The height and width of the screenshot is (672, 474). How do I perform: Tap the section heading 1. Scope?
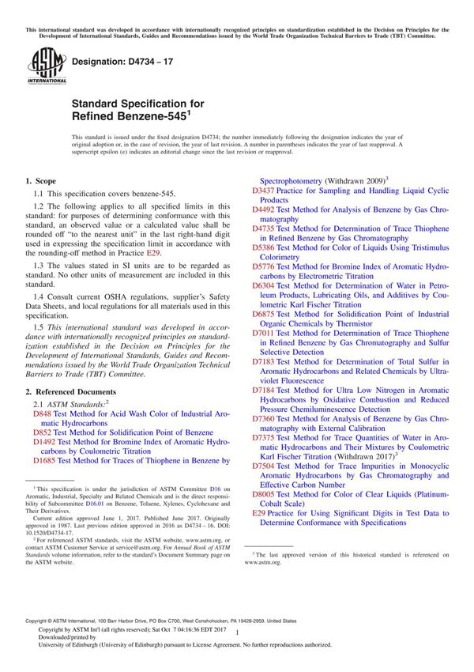41,182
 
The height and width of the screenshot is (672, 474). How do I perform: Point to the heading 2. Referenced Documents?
71,391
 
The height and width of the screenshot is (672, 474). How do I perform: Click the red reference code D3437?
264,191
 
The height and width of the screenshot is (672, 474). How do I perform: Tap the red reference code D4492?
264,210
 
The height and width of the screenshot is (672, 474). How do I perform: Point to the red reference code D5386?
264,247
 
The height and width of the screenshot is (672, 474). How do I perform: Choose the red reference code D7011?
264,334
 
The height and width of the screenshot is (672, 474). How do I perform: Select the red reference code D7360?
264,418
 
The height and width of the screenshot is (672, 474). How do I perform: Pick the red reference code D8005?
264,493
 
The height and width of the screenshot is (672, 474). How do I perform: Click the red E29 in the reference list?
258,512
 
